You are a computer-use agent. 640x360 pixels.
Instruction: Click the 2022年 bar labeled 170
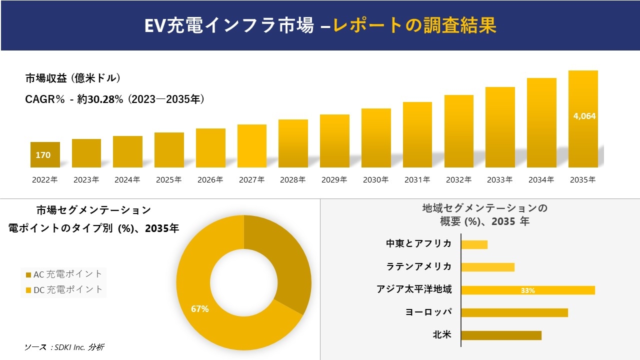click(45, 155)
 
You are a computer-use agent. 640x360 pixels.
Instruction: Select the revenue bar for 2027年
click(252, 146)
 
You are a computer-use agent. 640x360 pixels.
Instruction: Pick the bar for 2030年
click(376, 138)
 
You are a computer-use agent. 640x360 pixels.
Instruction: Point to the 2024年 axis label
click(127, 180)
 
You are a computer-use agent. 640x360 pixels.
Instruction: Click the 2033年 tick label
click(499, 180)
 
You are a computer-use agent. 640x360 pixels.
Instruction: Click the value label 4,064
click(584, 116)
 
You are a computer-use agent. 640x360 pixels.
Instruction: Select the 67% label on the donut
click(199, 309)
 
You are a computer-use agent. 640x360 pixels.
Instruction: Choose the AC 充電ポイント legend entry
click(63, 274)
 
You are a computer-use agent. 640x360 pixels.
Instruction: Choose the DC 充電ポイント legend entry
click(63, 289)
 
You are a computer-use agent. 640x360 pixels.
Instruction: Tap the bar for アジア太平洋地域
click(527, 290)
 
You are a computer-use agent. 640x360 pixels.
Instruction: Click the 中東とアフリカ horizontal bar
click(474, 244)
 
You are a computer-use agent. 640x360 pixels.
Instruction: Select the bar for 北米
click(501, 335)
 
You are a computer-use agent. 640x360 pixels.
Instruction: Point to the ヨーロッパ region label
click(428, 312)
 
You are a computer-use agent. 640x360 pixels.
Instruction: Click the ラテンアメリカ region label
click(419, 266)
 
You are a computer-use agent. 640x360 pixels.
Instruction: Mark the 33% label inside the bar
click(527, 290)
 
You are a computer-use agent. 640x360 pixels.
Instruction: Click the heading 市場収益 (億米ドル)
click(72, 78)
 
